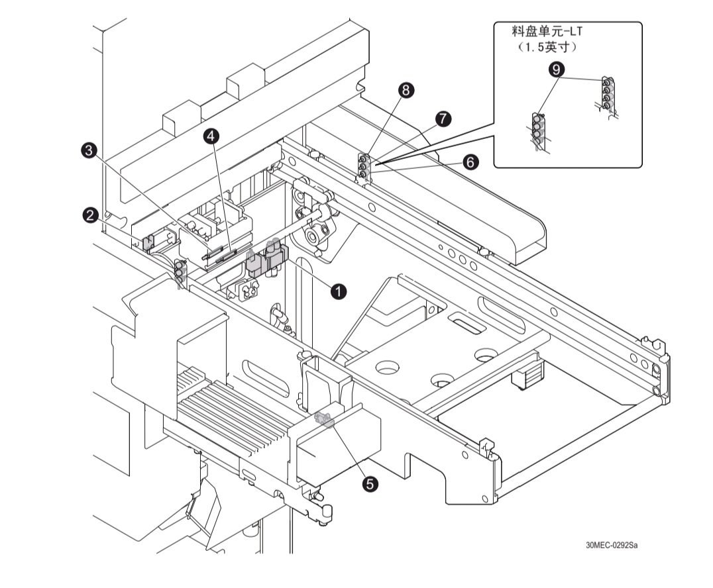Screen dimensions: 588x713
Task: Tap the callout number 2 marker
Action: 91,215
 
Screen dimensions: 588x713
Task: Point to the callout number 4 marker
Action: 211,136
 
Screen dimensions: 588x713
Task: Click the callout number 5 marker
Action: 372,484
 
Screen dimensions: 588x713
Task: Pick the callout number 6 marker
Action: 470,162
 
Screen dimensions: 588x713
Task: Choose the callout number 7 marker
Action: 443,119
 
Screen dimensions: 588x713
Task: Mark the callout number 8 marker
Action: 406,91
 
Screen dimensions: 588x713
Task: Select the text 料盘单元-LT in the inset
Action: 549,32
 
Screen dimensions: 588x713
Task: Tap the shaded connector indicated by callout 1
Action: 265,259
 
